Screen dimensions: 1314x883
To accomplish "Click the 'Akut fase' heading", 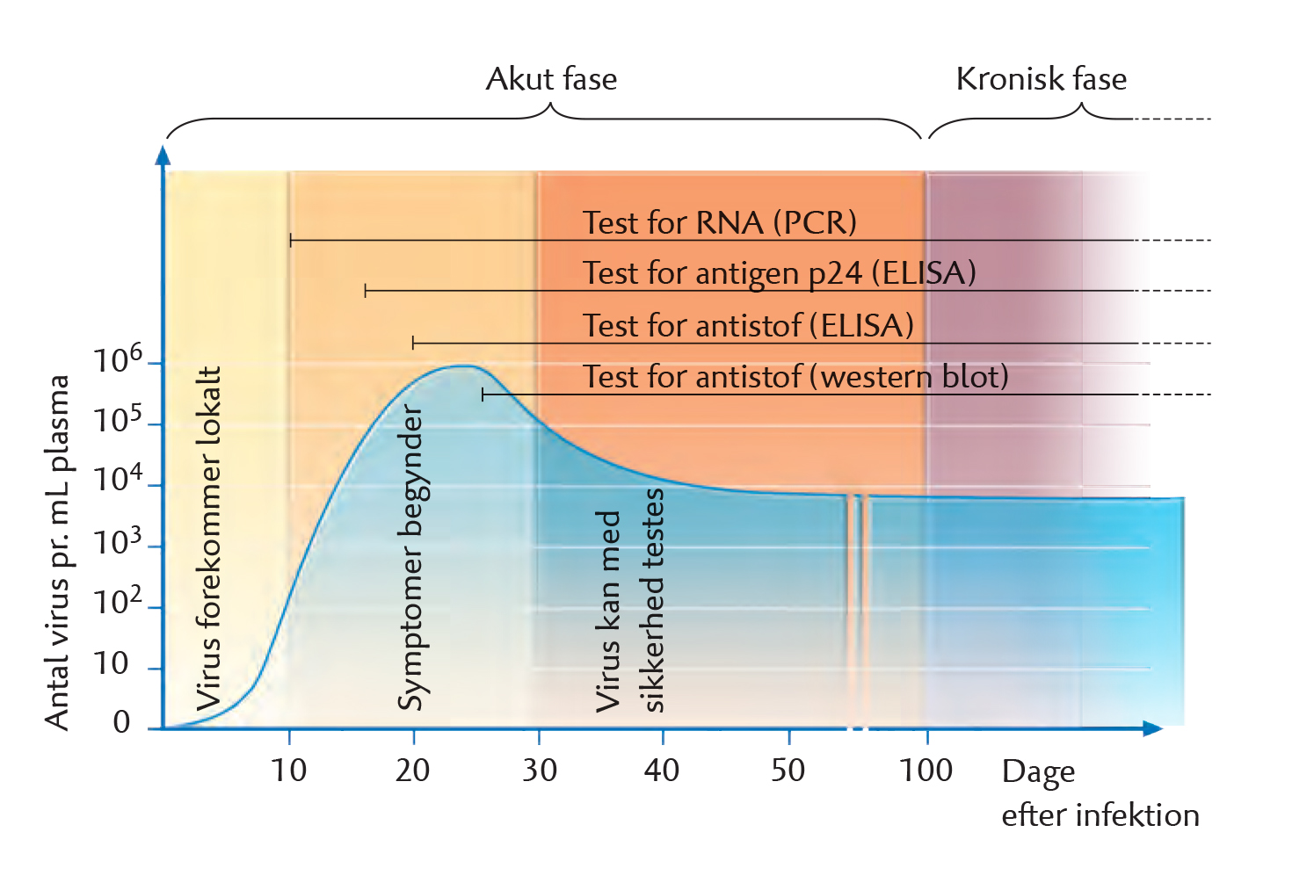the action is click(x=551, y=78).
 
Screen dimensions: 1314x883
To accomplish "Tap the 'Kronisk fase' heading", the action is click(x=1042, y=78).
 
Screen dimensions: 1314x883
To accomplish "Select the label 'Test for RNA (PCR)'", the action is click(x=719, y=223).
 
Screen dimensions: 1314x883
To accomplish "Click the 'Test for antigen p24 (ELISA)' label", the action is click(x=779, y=273).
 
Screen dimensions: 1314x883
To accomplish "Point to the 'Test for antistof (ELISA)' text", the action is click(x=748, y=325).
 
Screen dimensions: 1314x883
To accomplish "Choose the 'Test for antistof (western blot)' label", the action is click(x=795, y=376).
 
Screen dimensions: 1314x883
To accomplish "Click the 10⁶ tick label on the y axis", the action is click(x=117, y=358).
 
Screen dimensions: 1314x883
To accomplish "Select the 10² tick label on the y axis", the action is click(x=117, y=600).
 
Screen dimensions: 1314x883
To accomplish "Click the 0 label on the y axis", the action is click(x=121, y=721).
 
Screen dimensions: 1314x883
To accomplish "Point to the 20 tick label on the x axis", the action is click(x=412, y=771).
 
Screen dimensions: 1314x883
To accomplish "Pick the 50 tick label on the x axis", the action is click(x=788, y=771).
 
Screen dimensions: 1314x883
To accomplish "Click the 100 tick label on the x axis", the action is click(x=926, y=771).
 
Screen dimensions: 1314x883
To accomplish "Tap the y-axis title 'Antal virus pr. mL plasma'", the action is click(x=57, y=553).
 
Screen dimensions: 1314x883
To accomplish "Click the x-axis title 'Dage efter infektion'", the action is click(x=1100, y=793).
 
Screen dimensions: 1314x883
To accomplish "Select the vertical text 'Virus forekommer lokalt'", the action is click(x=209, y=539).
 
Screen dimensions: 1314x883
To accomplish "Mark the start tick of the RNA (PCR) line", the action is click(x=291, y=241).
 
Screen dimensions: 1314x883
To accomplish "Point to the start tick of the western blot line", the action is click(x=483, y=394).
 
